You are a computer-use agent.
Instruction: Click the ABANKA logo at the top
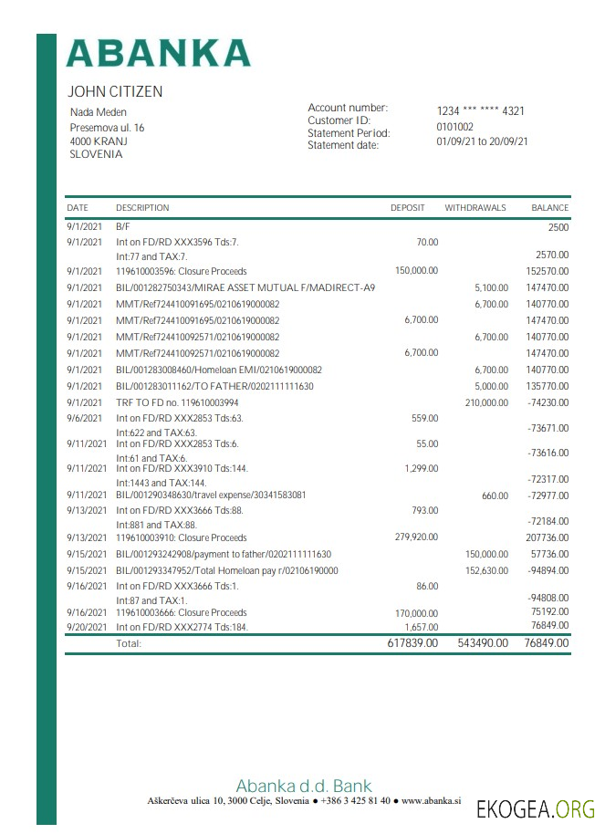tap(159, 52)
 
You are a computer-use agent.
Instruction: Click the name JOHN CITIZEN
tap(115, 92)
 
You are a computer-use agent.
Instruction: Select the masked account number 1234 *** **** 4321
tap(480, 111)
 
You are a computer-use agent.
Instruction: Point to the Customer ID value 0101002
tap(454, 127)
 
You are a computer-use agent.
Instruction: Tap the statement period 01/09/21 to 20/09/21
tap(482, 141)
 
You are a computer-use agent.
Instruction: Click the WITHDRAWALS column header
tap(475, 208)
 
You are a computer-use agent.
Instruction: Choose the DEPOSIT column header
tap(407, 208)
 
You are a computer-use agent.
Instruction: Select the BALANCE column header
tap(549, 208)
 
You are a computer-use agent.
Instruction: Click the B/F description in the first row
tap(123, 225)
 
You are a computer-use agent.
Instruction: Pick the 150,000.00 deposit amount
tap(416, 271)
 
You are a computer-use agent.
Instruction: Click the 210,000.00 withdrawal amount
tap(485, 402)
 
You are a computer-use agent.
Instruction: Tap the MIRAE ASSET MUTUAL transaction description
tap(245, 287)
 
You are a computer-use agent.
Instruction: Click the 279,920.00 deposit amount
tap(416, 537)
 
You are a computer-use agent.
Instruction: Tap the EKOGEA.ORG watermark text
tap(535, 808)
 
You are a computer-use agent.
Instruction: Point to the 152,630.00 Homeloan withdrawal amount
tap(485, 570)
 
